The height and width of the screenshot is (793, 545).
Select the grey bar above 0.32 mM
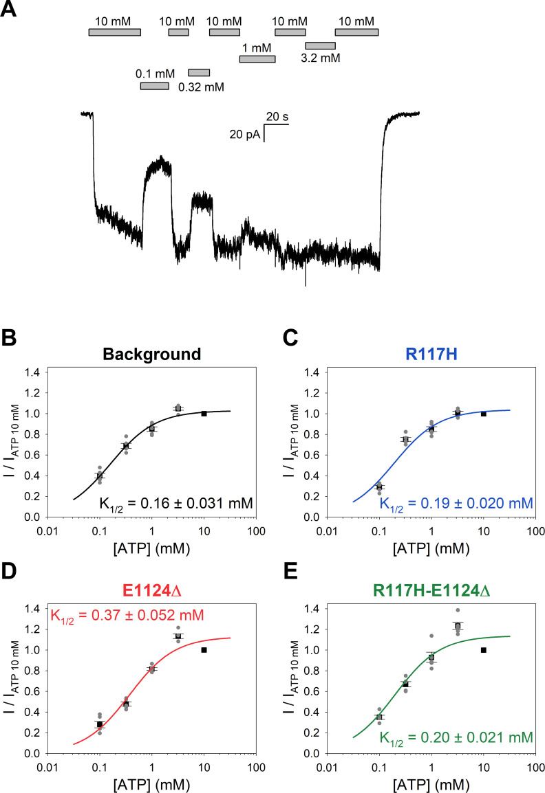tap(199, 73)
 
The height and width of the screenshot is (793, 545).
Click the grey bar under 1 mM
tap(257, 59)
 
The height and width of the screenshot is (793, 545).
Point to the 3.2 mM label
tap(321, 58)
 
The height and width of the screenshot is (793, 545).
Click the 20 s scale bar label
tap(277, 116)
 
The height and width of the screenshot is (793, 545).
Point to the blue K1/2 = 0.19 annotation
tap(456, 504)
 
